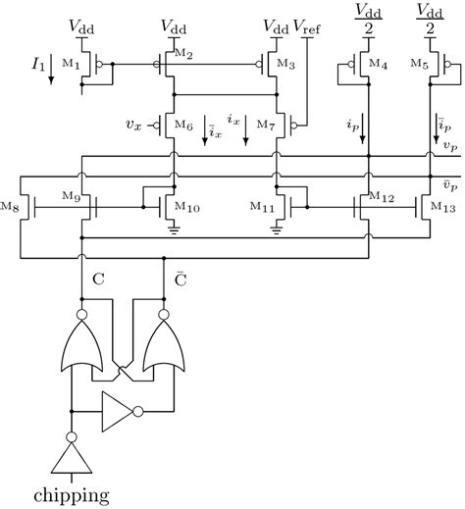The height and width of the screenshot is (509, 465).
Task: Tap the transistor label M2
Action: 184,52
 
